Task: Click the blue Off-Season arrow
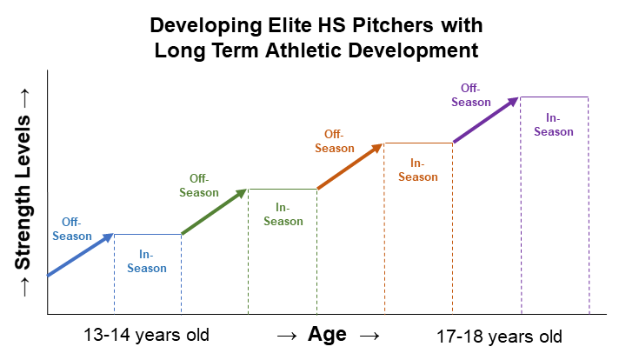pyautogui.click(x=80, y=255)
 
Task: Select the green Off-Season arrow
pyautogui.click(x=215, y=211)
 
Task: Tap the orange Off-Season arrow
pyautogui.click(x=349, y=166)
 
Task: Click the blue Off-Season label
pyautogui.click(x=71, y=229)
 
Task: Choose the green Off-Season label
pyautogui.click(x=199, y=185)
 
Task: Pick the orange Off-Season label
pyautogui.click(x=335, y=141)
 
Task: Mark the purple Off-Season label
pyautogui.click(x=470, y=94)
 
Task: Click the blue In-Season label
pyautogui.click(x=147, y=261)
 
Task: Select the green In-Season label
pyautogui.click(x=283, y=214)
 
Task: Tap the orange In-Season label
pyautogui.click(x=418, y=170)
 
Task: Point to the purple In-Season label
pyautogui.click(x=554, y=124)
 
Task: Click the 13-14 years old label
pyautogui.click(x=147, y=335)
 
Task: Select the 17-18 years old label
pyautogui.click(x=499, y=337)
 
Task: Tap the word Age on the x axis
pyautogui.click(x=327, y=335)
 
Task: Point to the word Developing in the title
pyautogui.click(x=193, y=23)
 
